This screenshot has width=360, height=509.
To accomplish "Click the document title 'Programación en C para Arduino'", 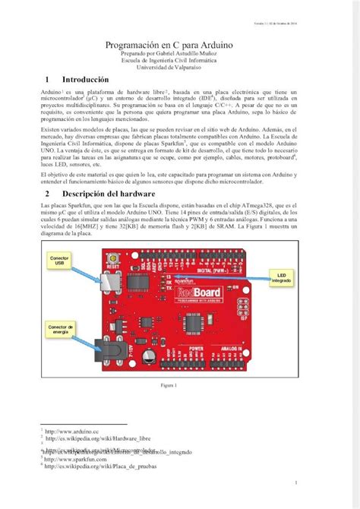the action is [179, 46].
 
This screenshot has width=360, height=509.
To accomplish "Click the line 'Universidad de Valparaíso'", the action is [179, 67].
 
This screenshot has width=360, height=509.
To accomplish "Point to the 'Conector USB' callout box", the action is [58, 262].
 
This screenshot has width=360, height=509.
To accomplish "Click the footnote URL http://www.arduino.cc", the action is [77, 431].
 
